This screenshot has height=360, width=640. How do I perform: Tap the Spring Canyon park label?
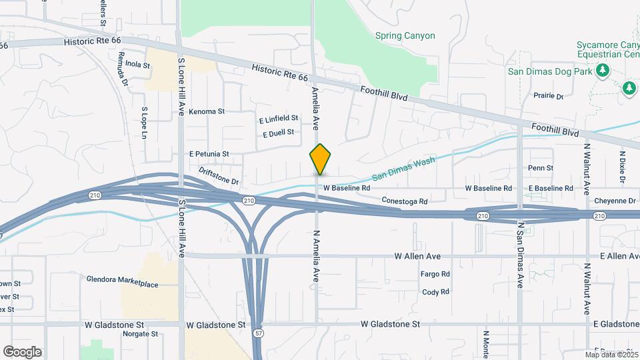[x=405, y=36]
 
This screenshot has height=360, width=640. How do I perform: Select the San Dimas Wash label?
[x=398, y=169]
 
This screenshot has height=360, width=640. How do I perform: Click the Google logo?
[x=22, y=352]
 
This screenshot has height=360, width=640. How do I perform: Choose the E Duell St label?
[x=278, y=133]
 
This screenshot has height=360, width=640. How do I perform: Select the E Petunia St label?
[x=209, y=154]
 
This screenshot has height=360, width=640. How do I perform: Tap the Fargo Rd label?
[x=435, y=274]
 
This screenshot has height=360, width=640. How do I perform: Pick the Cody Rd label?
[x=435, y=292]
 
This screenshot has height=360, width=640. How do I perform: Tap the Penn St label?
[x=540, y=168]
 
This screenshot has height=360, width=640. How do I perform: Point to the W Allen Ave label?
[x=417, y=256]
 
